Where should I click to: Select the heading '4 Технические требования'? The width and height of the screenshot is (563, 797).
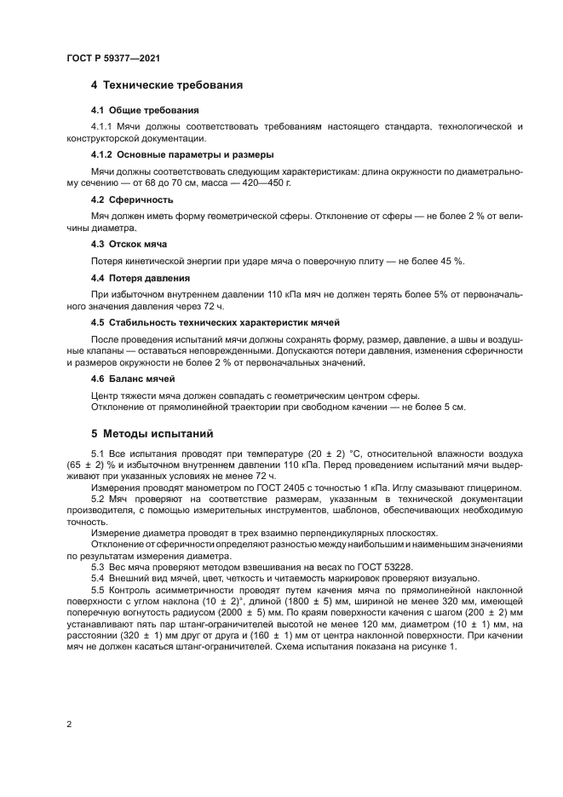[167, 85]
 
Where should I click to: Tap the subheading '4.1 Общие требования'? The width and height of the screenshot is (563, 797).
[144, 110]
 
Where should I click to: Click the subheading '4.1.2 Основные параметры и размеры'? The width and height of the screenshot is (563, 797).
[181, 154]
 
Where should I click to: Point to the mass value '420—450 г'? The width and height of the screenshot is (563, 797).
[266, 182]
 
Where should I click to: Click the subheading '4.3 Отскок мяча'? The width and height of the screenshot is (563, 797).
[129, 244]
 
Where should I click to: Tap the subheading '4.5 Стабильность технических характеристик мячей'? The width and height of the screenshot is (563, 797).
[215, 322]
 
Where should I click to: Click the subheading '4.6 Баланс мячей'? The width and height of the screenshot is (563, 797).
[132, 378]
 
